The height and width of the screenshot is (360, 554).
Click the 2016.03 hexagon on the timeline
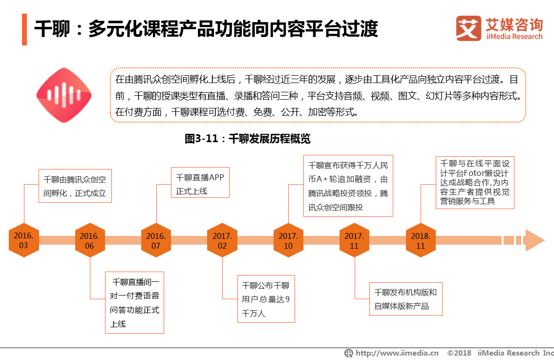(x=23, y=240)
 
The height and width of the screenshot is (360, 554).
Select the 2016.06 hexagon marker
(x=90, y=240)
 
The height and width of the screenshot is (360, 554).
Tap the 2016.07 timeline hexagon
(x=156, y=240)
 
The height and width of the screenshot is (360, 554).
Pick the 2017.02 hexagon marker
(x=222, y=240)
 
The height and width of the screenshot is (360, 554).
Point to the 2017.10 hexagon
(x=288, y=240)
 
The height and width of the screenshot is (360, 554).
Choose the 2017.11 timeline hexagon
(x=354, y=240)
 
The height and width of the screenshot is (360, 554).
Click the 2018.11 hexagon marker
(x=421, y=240)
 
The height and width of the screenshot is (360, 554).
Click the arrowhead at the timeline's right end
(x=534, y=240)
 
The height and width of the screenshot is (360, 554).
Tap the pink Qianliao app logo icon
(x=64, y=95)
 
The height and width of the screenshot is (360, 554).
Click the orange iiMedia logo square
(x=469, y=28)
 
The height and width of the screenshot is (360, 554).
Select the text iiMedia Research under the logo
(x=514, y=37)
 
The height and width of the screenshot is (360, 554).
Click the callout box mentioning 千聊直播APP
(x=200, y=184)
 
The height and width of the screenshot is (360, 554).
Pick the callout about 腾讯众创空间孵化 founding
(x=75, y=186)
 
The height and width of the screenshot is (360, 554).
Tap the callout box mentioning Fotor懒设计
(x=475, y=182)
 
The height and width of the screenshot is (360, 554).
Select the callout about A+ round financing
(x=348, y=186)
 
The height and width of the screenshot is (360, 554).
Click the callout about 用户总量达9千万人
(x=266, y=299)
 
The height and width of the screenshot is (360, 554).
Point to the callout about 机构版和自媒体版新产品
(x=405, y=299)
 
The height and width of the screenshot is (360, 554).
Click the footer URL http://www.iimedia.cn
(x=396, y=353)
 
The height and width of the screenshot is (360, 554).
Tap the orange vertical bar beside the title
(x=24, y=29)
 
